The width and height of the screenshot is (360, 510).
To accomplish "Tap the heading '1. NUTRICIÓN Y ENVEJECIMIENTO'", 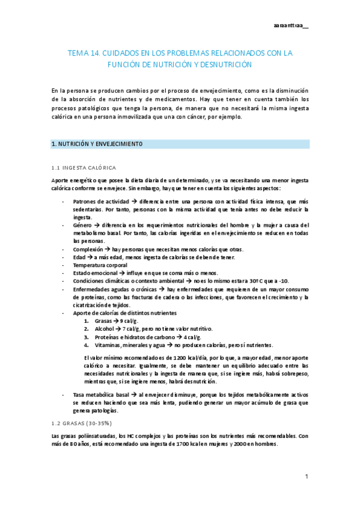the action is point(97,144).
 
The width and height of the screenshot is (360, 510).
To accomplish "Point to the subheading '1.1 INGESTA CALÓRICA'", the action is point(84,167).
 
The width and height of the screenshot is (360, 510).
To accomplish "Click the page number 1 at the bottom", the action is point(307,476).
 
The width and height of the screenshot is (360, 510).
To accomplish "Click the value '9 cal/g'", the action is point(129,321).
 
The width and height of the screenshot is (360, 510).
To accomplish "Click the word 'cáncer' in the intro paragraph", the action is point(207,117).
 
